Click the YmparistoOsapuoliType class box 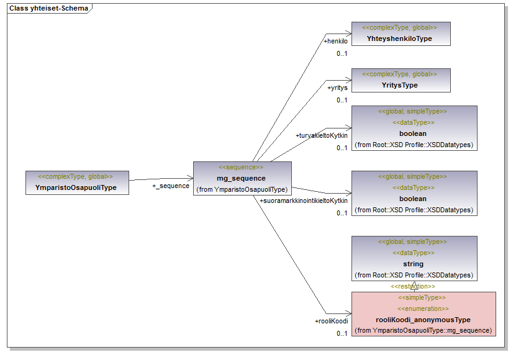coord(77,182)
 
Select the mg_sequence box coord(242,178)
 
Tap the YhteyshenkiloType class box coord(401,34)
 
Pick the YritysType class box coord(401,80)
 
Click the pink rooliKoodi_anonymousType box coord(424,314)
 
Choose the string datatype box coord(414,258)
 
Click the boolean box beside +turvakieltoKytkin coord(414,128)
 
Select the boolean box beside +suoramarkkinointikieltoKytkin coord(414,193)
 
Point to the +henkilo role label coord(335,42)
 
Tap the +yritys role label coord(337,88)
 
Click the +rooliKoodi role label coord(331,321)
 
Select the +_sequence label coord(171,186)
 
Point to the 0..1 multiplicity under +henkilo coord(342,54)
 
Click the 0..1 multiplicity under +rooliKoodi coord(342,334)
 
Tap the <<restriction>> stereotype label coord(412,287)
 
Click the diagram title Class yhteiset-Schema coord(48,9)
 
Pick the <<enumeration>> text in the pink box coord(424,308)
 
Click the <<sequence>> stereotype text coord(241,168)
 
